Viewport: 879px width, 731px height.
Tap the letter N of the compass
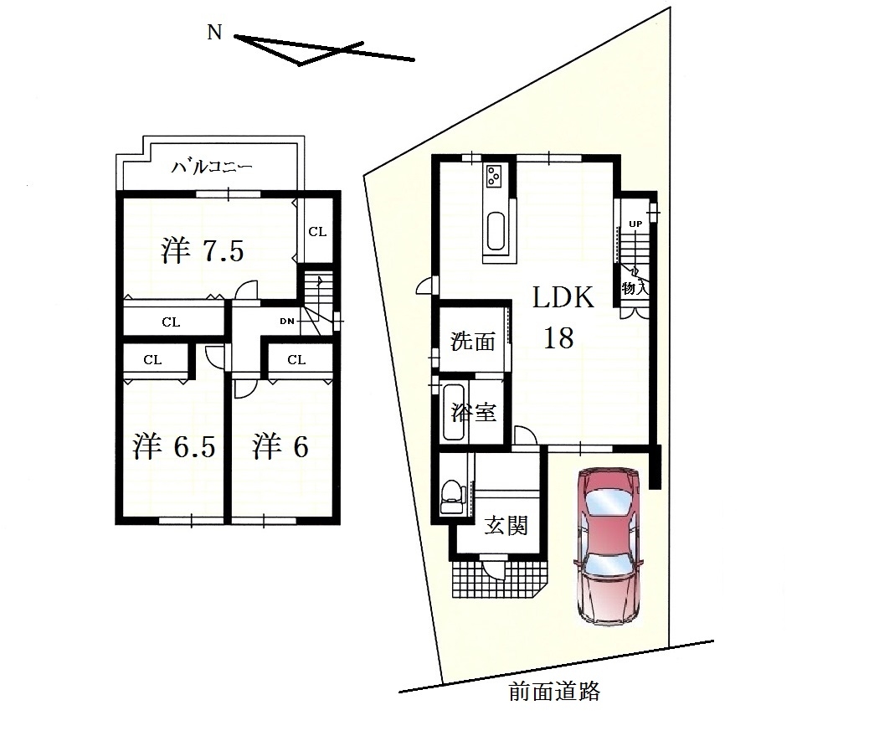tap(214, 33)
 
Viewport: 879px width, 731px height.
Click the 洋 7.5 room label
tap(203, 250)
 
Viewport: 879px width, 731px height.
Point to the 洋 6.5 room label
tap(174, 446)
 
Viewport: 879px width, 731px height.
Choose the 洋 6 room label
tap(280, 446)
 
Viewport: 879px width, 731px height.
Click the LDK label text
tap(563, 297)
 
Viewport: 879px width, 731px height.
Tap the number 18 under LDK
tap(558, 338)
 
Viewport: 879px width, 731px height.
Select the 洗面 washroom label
tap(473, 341)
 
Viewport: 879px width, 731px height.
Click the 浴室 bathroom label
tap(474, 412)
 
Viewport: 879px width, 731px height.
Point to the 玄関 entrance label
tap(506, 525)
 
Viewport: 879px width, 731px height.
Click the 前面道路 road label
tap(554, 691)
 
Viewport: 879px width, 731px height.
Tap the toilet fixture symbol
tap(453, 497)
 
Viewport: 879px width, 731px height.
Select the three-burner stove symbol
tap(494, 176)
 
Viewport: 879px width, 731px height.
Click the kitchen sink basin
tap(496, 230)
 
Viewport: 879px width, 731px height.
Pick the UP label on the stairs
tap(635, 224)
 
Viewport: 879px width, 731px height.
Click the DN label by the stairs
tap(287, 322)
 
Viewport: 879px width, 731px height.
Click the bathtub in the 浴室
tap(454, 412)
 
